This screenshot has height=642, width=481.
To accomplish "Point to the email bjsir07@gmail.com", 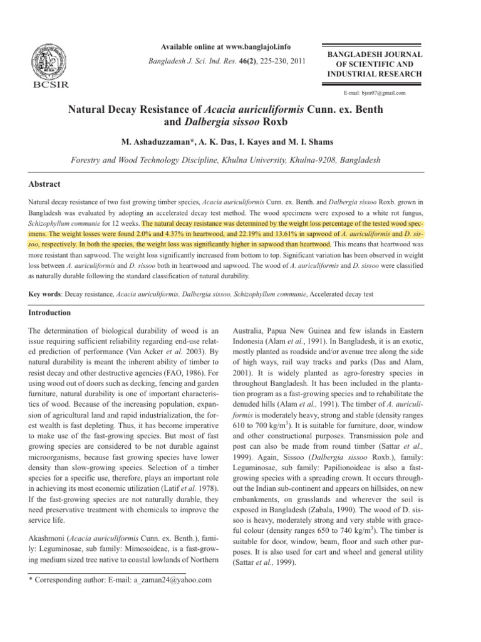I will pos(375,93).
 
